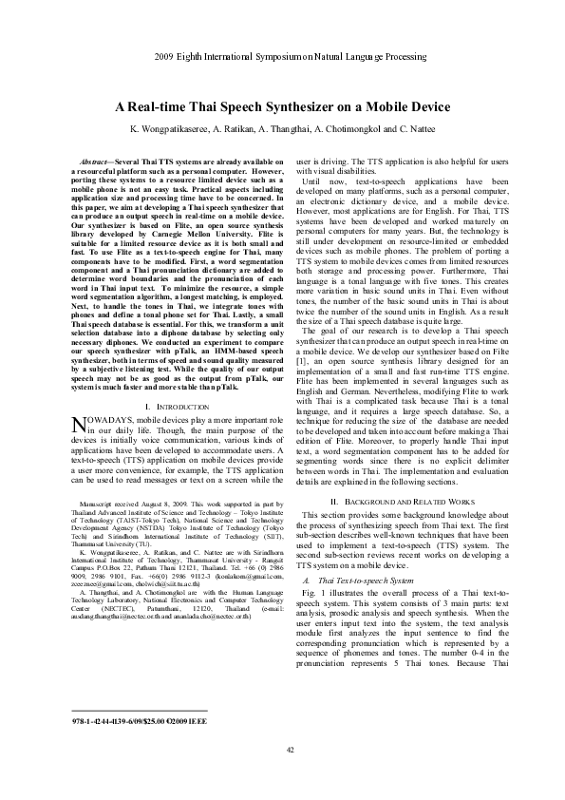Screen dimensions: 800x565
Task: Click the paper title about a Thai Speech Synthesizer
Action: tap(282, 107)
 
